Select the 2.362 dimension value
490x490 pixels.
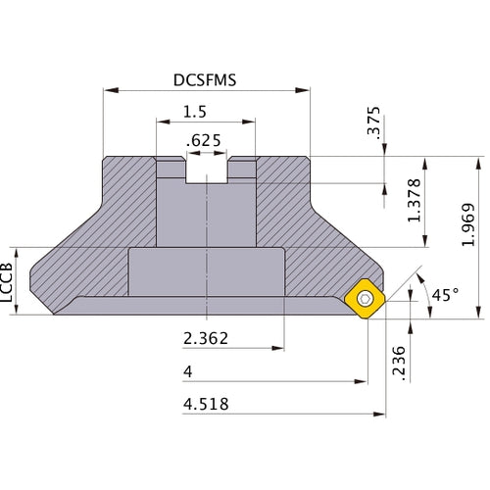click(207, 339)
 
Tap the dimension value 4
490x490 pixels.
click(187, 372)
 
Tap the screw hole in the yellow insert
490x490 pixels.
click(367, 298)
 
